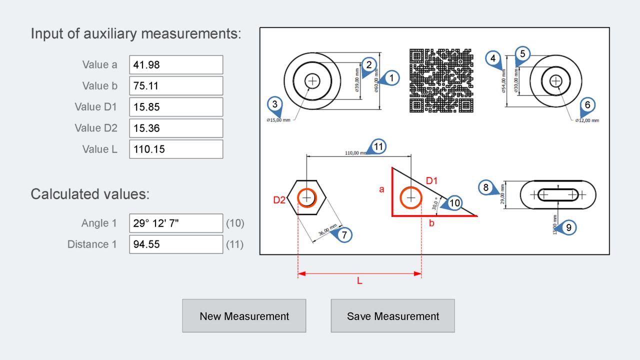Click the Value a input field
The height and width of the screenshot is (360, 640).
(176, 64)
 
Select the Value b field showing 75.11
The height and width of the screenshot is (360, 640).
(176, 85)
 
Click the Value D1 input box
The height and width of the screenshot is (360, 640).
(176, 107)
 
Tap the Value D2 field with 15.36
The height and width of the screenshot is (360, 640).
(176, 128)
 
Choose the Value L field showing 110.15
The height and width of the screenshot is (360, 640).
(176, 149)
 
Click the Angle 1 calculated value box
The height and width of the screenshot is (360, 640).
(176, 223)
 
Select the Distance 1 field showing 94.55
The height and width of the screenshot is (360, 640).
(176, 244)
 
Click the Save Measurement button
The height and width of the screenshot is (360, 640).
(392, 316)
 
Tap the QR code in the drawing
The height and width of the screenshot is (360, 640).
(441, 80)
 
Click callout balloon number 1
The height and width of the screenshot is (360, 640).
(392, 78)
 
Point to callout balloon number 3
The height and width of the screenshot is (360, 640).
(274, 104)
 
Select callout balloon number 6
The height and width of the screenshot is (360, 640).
(587, 104)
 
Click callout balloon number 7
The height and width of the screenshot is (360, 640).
(344, 234)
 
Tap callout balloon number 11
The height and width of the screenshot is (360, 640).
(378, 146)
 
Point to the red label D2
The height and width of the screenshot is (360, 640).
(279, 200)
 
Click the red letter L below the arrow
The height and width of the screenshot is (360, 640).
(359, 281)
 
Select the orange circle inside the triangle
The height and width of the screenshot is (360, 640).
(411, 198)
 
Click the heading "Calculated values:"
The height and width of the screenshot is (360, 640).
(90, 194)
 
